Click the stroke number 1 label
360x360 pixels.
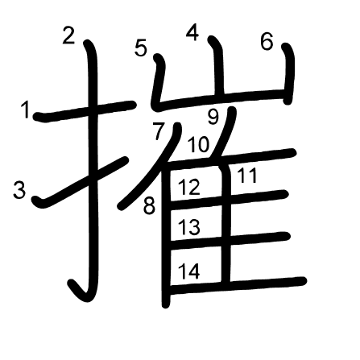click(26, 110)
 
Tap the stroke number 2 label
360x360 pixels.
click(68, 35)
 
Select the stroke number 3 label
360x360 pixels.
click(19, 190)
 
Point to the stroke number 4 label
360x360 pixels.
click(192, 33)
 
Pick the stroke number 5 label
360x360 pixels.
click(141, 48)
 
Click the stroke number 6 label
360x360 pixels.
click(267, 42)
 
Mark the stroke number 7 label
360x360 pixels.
click(159, 130)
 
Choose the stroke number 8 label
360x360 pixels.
click(149, 206)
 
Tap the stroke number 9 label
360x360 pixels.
click(213, 117)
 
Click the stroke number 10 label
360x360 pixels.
click(198, 144)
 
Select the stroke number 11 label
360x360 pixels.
click(247, 176)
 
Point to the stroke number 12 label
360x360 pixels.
click(189, 187)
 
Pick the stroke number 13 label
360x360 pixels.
click(189, 227)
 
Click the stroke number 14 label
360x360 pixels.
click(189, 271)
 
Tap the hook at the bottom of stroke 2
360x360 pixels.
click(79, 292)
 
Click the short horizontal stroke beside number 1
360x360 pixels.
click(84, 111)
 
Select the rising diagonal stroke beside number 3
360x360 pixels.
click(81, 182)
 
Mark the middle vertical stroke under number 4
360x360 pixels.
click(217, 67)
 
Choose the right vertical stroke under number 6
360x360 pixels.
click(288, 73)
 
